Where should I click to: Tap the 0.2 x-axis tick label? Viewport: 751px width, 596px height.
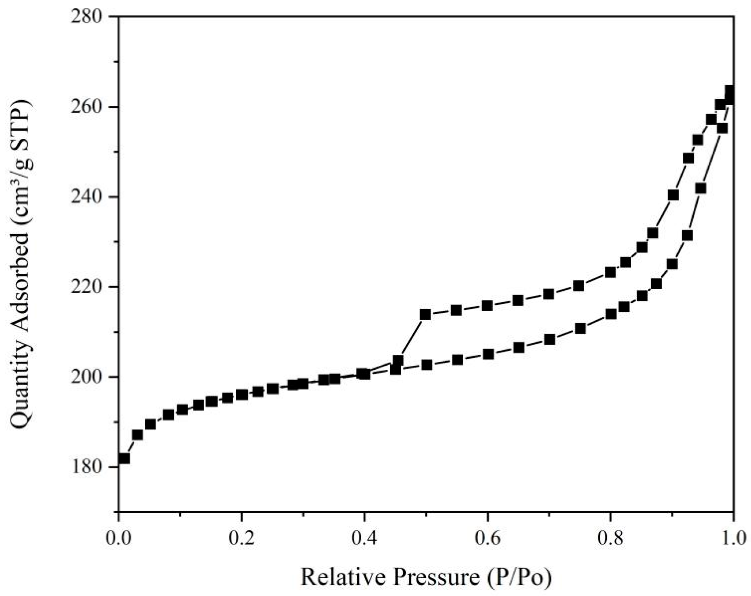[242, 539]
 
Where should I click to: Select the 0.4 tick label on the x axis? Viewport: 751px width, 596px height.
[365, 539]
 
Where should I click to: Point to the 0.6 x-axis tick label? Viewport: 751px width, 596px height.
[488, 539]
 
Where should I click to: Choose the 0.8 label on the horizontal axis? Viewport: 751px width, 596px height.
[611, 539]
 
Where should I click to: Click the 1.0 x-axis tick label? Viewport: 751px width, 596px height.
[733, 539]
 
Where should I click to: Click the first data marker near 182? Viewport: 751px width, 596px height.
[124, 458]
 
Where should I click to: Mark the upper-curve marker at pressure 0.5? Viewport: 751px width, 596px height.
[425, 314]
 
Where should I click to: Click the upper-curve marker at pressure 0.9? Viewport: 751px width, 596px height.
[673, 195]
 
